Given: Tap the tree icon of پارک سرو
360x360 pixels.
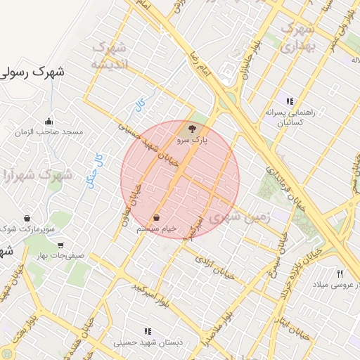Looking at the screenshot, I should [x=192, y=129].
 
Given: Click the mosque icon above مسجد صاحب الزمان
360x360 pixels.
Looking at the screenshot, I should [x=48, y=121].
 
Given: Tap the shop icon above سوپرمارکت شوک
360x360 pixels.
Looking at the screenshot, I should [x=27, y=218].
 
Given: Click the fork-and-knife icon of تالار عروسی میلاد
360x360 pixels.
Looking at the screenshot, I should [x=340, y=273].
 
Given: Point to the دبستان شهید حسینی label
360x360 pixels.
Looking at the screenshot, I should [x=148, y=342].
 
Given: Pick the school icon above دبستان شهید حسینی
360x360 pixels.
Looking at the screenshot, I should [x=148, y=331].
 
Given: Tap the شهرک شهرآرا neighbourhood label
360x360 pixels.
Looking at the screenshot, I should [x=37, y=174].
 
